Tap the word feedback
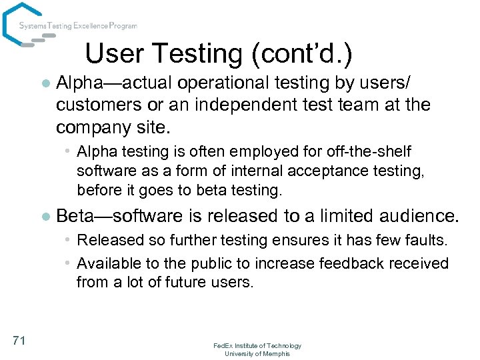tap(349, 263)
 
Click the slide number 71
tap(19, 341)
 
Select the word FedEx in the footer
tap(223, 345)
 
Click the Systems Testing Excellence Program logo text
tap(78, 26)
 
